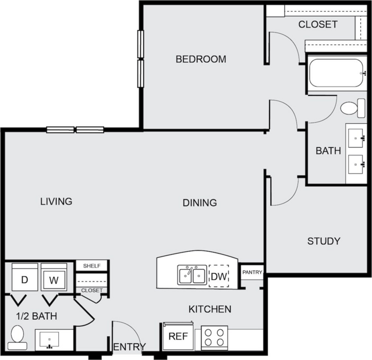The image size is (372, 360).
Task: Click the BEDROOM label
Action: click(x=201, y=59)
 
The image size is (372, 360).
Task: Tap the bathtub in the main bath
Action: click(x=336, y=73)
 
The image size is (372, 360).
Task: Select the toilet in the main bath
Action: click(x=353, y=108)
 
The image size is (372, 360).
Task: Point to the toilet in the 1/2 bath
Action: click(x=17, y=337)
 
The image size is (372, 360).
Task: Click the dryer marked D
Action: click(x=25, y=277)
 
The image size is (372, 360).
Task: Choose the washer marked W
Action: click(x=54, y=277)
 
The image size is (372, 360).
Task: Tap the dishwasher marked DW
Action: click(x=219, y=276)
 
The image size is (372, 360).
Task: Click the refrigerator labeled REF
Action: click(x=178, y=336)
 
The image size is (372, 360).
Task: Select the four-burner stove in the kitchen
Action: click(x=214, y=338)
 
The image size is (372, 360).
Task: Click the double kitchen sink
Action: click(x=192, y=275)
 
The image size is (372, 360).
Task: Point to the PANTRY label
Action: click(x=252, y=272)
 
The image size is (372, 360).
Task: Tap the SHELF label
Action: click(x=92, y=266)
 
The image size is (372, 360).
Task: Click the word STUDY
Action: click(x=324, y=241)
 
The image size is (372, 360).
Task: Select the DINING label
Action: click(x=200, y=203)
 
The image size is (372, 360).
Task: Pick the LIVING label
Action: click(x=56, y=201)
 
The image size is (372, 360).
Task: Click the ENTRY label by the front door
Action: click(x=130, y=347)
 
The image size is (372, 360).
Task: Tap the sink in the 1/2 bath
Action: click(x=49, y=340)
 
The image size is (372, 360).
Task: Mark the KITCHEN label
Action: click(x=210, y=309)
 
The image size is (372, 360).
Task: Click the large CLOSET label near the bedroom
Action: click(x=318, y=24)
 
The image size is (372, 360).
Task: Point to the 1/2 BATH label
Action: click(x=37, y=316)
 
